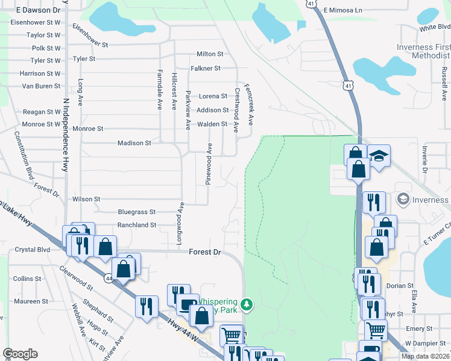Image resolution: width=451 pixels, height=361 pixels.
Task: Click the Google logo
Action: [20, 354]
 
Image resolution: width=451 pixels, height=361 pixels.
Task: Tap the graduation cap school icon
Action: [378, 156]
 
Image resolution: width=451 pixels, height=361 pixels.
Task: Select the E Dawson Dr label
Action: [39, 10]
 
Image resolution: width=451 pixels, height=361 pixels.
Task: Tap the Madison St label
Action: [134, 143]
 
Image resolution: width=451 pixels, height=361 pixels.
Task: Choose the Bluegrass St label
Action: [137, 212]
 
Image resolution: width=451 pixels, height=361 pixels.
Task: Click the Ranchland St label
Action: [137, 225]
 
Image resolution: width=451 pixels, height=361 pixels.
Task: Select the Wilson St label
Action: [86, 199]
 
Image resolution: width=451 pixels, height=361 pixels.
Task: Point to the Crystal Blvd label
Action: [32, 250]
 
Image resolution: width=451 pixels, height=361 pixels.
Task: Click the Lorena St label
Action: [213, 96]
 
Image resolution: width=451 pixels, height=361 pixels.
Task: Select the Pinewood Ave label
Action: [209, 164]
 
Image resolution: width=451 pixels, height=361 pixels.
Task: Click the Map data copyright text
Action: [426, 356]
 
